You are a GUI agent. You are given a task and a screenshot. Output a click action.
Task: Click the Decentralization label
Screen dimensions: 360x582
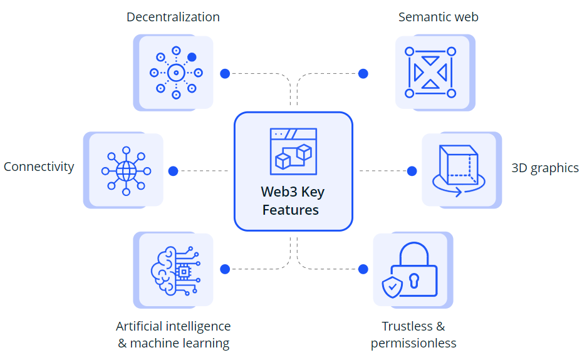tap(173, 17)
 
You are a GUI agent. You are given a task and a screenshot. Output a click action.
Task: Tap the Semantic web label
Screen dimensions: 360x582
tap(438, 17)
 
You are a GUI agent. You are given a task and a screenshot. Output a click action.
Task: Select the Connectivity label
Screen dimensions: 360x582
tap(39, 167)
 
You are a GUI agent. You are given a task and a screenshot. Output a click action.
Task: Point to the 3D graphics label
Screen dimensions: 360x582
tap(545, 168)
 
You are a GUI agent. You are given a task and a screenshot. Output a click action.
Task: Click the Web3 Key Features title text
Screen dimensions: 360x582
tap(293, 201)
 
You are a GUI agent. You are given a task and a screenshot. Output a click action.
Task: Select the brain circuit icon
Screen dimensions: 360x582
tap(175, 270)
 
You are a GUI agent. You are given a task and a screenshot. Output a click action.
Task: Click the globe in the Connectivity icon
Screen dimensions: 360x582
tap(126, 170)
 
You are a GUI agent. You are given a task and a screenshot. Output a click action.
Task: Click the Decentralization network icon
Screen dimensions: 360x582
tap(176, 73)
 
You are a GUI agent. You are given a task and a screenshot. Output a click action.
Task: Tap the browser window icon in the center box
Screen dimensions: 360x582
tap(293, 150)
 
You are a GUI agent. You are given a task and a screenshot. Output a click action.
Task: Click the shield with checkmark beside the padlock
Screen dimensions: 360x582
tap(392, 287)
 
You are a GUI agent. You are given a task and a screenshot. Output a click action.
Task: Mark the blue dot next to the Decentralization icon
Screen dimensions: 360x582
tap(225, 73)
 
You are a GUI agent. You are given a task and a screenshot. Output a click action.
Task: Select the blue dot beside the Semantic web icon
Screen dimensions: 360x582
tap(363, 73)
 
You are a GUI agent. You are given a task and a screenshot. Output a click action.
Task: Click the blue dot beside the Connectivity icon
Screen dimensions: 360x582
tap(174, 170)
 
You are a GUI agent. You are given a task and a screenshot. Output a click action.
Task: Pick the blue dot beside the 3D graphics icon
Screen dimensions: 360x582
tap(412, 170)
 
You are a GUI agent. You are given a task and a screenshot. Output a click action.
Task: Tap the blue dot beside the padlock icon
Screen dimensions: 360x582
tap(363, 269)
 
